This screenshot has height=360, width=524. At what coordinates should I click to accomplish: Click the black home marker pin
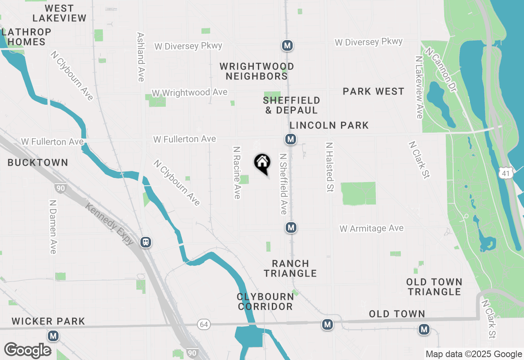pyautogui.click(x=262, y=163)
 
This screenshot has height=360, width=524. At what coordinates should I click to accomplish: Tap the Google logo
pyautogui.click(x=27, y=350)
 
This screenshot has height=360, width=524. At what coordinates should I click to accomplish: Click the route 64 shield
pyautogui.click(x=204, y=324)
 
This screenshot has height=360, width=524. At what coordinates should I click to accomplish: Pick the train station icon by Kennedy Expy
pyautogui.click(x=146, y=242)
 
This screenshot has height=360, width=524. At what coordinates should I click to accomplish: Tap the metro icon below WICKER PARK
pyautogui.click(x=53, y=336)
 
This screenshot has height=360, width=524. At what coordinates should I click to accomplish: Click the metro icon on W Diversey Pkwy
pyautogui.click(x=287, y=45)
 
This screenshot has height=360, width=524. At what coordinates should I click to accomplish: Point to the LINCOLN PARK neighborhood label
pyautogui.click(x=329, y=125)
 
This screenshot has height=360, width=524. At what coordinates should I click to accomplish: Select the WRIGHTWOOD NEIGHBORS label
pyautogui.click(x=257, y=71)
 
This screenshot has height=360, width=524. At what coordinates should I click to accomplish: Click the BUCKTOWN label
pyautogui.click(x=38, y=162)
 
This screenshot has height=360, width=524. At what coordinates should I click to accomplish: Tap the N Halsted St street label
pyautogui.click(x=329, y=167)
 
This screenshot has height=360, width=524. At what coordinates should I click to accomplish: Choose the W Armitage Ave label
pyautogui.click(x=371, y=228)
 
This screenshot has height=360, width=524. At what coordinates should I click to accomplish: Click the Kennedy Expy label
pyautogui.click(x=109, y=223)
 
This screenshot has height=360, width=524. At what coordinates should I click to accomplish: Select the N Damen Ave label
pyautogui.click(x=53, y=227)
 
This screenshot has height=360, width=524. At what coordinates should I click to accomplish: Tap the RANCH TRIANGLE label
pyautogui.click(x=290, y=268)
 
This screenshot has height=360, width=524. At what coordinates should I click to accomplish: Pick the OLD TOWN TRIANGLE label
pyautogui.click(x=434, y=287)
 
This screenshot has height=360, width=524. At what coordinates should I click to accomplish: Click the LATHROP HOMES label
pyautogui.click(x=26, y=37)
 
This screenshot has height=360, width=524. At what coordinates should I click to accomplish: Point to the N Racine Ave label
pyautogui.click(x=237, y=173)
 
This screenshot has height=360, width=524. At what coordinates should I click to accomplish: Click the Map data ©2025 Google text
pyautogui.click(x=474, y=354)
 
